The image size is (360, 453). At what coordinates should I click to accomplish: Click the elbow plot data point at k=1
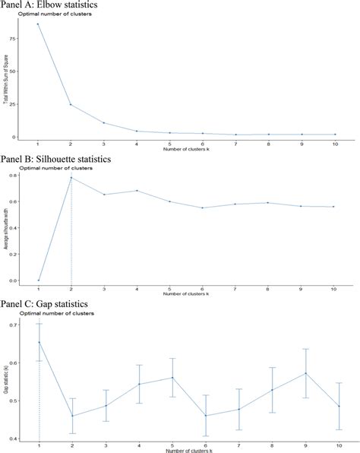(x=39, y=24)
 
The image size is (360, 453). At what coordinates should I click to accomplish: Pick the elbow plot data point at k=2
(x=71, y=104)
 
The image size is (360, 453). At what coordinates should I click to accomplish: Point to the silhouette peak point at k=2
(x=71, y=178)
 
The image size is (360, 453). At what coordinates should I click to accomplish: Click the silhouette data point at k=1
(x=39, y=280)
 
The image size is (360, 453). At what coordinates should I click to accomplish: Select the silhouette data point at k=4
(x=137, y=191)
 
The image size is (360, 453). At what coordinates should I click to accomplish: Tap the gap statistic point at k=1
(x=39, y=342)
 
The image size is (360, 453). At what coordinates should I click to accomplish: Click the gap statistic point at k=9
(x=302, y=373)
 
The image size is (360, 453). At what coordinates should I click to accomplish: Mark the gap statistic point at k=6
(x=204, y=415)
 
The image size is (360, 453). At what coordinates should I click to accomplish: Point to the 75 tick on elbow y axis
(x=25, y=38)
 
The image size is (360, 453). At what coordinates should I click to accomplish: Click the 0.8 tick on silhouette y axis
(x=25, y=176)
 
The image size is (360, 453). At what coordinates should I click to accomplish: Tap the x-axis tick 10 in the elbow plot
(x=335, y=144)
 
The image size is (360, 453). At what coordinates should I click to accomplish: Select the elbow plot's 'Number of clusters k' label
(x=186, y=149)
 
